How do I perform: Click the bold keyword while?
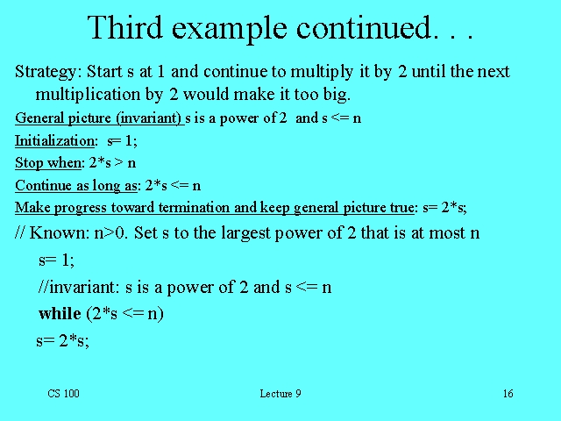click(x=60, y=313)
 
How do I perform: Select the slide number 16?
click(x=508, y=394)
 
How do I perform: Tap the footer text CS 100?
click(x=63, y=394)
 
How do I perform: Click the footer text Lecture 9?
click(x=280, y=394)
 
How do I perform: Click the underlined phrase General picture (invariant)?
click(x=99, y=118)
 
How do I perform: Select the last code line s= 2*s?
click(x=62, y=340)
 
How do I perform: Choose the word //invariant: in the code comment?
click(x=80, y=288)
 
